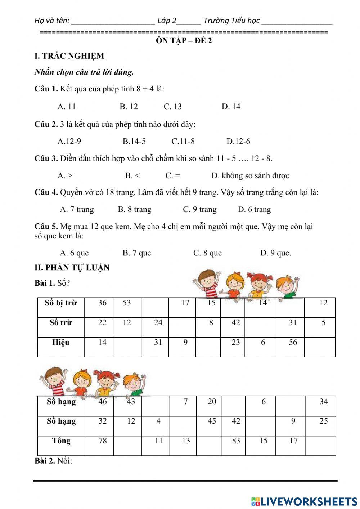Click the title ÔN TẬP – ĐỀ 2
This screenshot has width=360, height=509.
click(x=184, y=41)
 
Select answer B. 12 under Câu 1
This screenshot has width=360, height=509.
click(x=129, y=107)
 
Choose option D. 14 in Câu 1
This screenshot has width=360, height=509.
click(x=231, y=107)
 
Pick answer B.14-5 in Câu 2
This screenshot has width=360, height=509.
click(x=134, y=142)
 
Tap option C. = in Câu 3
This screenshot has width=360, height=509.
click(x=173, y=176)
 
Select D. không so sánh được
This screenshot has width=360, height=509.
click(x=250, y=176)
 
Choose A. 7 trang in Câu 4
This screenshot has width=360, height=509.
click(x=77, y=210)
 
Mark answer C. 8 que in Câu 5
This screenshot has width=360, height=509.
click(x=207, y=253)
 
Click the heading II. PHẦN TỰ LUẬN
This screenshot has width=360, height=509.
click(x=72, y=268)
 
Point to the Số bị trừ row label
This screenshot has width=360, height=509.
click(x=61, y=303)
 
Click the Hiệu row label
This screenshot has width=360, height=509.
click(x=61, y=342)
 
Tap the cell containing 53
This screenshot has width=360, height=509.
click(x=127, y=303)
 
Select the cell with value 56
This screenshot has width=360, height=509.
click(x=293, y=342)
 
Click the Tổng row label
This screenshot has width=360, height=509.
click(x=61, y=441)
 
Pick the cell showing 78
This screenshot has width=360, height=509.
click(x=103, y=441)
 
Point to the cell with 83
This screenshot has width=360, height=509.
click(x=236, y=441)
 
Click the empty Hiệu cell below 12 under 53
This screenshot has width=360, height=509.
click(x=127, y=347)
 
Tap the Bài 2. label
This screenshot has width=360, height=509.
click(x=53, y=461)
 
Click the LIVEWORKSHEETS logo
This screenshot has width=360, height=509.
click(x=304, y=501)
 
